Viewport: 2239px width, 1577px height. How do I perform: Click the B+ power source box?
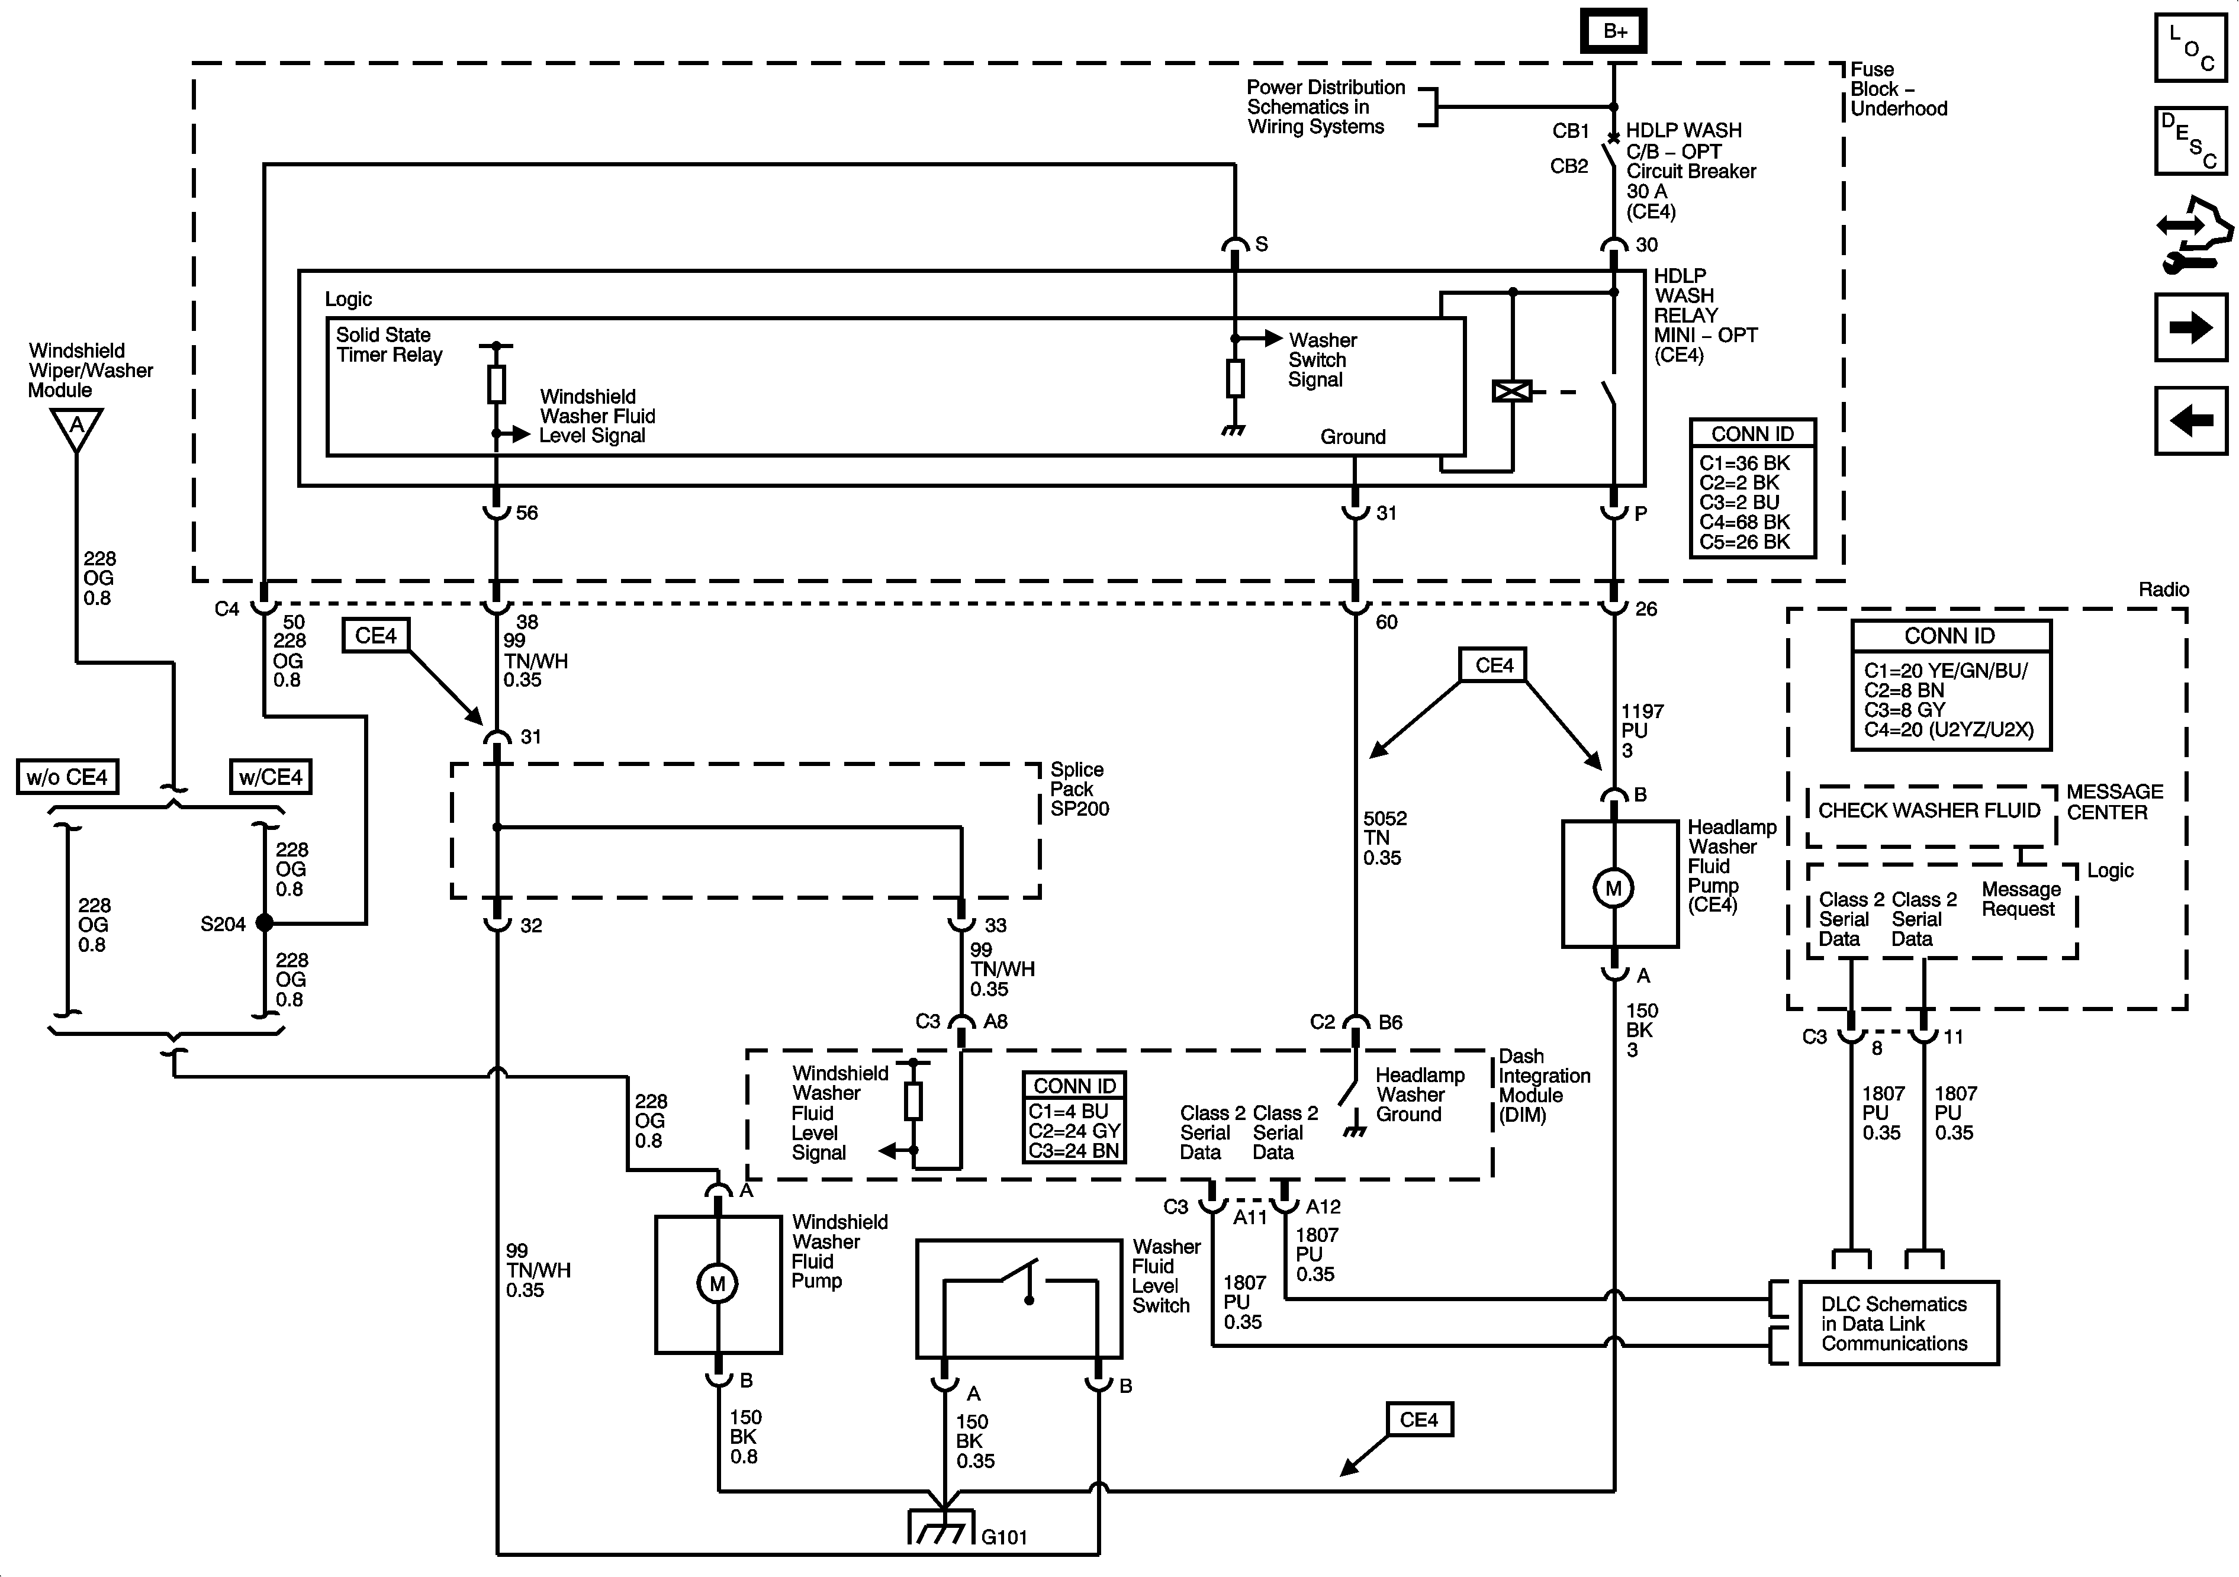coord(1615,31)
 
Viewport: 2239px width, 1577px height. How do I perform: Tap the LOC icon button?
coord(2190,47)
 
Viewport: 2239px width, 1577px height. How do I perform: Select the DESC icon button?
coord(2190,140)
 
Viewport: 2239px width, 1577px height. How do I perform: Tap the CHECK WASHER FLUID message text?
coord(1929,810)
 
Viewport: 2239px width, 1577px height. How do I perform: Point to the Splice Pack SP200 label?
coord(1079,789)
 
